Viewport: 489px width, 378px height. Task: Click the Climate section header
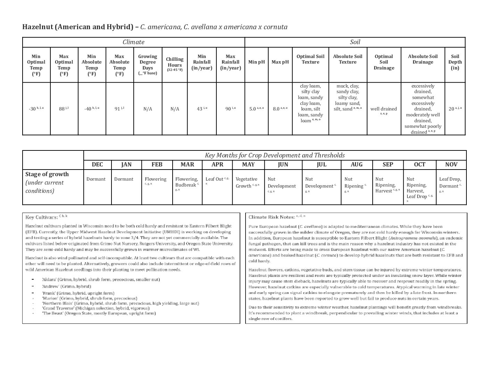(x=133, y=42)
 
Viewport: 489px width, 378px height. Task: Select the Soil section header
(x=355, y=42)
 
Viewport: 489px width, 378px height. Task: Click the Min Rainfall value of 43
(x=200, y=109)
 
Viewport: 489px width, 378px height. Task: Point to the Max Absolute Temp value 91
(x=118, y=109)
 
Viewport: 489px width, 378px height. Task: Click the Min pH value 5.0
(x=253, y=109)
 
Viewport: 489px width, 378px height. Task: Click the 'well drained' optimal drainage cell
(x=383, y=109)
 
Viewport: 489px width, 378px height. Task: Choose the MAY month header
(x=248, y=164)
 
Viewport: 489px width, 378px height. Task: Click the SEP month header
(x=388, y=164)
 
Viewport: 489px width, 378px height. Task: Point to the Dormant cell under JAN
(x=124, y=179)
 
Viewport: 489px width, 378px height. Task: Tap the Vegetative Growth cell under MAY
(x=246, y=182)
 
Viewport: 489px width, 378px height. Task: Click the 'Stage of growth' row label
(x=47, y=174)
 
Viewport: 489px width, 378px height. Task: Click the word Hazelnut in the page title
(x=38, y=27)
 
